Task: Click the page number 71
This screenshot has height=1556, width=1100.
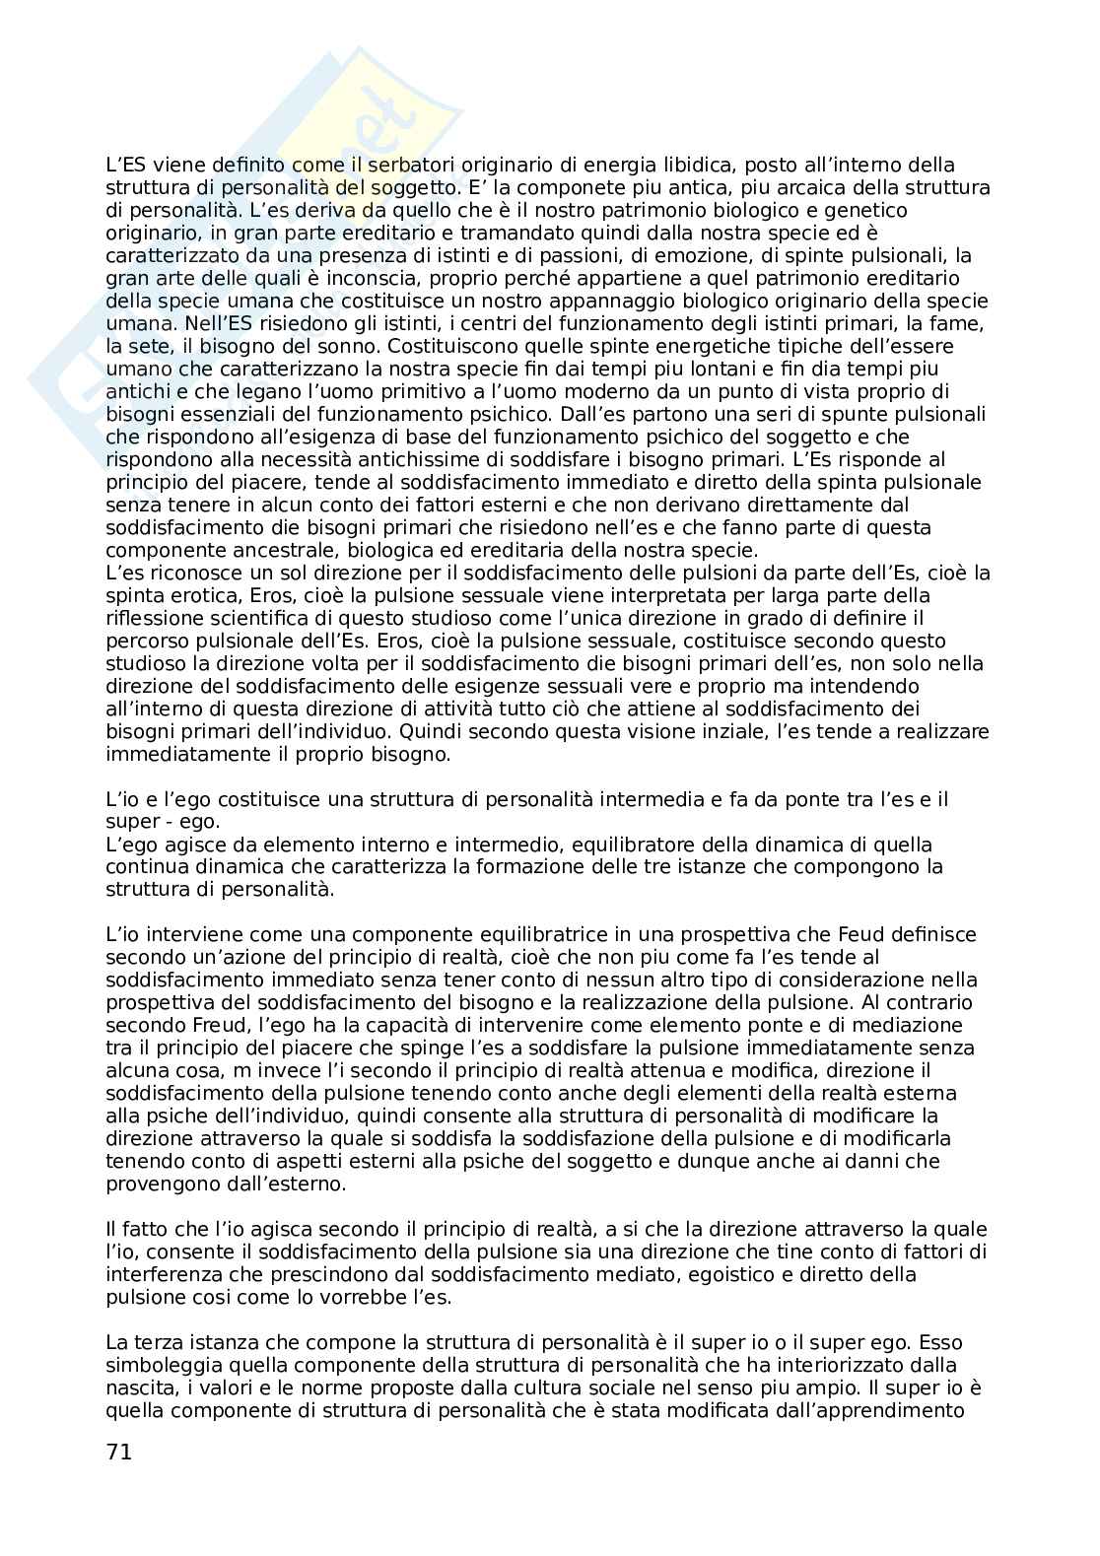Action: point(118,1452)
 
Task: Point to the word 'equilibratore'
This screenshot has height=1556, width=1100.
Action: point(584,845)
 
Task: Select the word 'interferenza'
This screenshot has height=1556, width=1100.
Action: point(159,1274)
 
